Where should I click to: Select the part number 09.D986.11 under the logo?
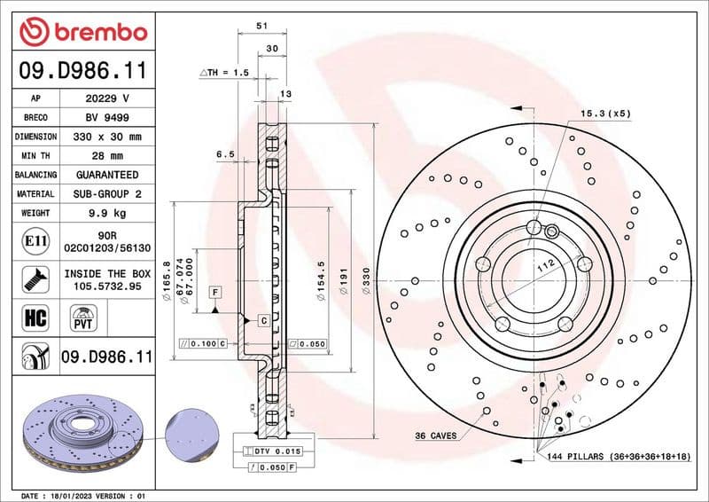coord(82,69)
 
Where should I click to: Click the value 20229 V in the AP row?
coord(106,98)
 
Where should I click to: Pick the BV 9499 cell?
coord(106,118)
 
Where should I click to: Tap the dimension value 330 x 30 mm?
coord(106,137)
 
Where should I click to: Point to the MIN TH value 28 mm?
coord(106,156)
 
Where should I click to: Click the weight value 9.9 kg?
coord(106,214)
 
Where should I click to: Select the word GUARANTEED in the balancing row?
coord(106,176)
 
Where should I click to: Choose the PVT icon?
coord(85,316)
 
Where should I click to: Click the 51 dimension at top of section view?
coord(261,27)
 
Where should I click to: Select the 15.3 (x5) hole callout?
coord(605,114)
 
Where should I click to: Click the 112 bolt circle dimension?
coord(545,263)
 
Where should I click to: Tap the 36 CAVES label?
coord(435,435)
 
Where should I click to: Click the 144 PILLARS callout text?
coord(618,456)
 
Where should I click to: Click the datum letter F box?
coord(214,292)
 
